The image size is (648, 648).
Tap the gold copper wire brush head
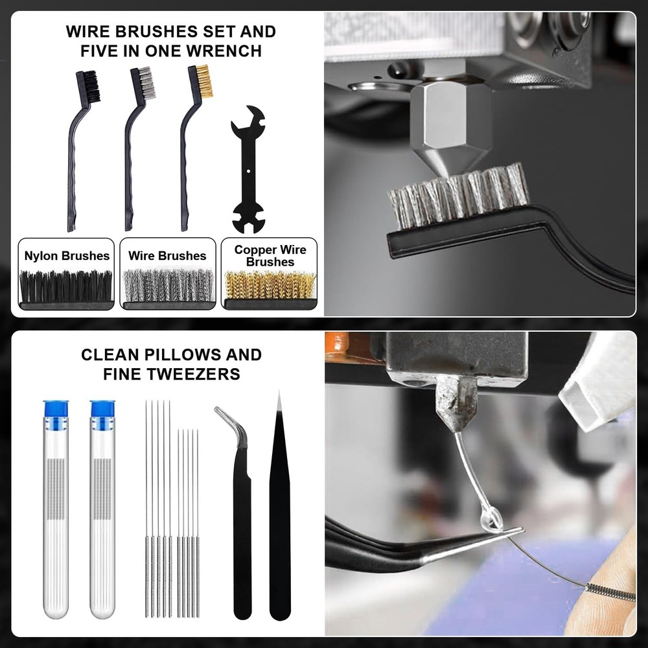tap(204, 82)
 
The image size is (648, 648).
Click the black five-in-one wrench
tap(248, 170)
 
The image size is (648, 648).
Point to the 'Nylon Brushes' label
tap(67, 256)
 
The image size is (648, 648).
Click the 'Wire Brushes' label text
tap(167, 256)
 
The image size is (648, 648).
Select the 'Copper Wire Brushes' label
tap(270, 256)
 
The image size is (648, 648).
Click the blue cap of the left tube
tap(56, 409)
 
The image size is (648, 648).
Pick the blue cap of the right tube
tap(102, 409)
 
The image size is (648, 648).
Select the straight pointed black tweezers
tap(279, 512)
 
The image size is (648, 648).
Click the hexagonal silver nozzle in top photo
tap(451, 123)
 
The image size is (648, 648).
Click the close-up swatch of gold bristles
tap(270, 286)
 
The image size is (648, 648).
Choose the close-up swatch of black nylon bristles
tap(66, 286)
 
